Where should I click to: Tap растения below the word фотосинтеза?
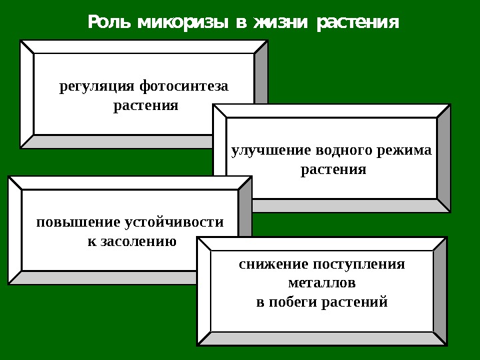point(145,105)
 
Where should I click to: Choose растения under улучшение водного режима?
point(333,169)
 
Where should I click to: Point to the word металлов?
point(322,283)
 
